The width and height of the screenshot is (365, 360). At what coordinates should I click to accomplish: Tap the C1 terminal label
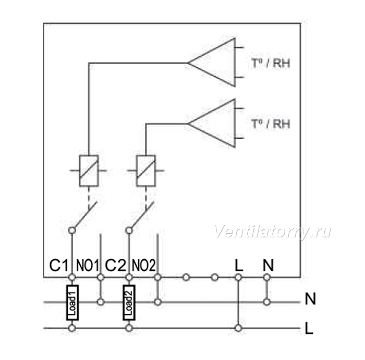tap(59, 265)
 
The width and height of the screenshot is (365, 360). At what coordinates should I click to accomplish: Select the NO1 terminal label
tap(88, 265)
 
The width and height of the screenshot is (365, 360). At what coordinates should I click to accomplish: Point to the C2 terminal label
tap(116, 265)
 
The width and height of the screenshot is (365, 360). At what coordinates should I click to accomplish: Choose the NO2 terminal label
tap(143, 265)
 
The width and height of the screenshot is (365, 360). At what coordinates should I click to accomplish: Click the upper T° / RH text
tap(271, 63)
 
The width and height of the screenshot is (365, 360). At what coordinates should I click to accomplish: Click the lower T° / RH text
tap(271, 124)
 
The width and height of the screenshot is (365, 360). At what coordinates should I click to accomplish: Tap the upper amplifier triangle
tap(235, 63)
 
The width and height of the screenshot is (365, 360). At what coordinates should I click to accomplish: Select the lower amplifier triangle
tap(235, 124)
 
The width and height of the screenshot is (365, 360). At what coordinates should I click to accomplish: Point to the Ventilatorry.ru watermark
tap(272, 232)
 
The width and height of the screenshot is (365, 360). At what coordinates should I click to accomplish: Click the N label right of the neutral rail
tap(310, 299)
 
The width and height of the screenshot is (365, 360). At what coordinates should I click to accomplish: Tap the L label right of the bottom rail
tap(309, 328)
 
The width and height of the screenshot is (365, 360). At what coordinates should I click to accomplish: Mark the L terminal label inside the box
tap(239, 265)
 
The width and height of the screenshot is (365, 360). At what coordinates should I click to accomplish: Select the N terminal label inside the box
tap(268, 265)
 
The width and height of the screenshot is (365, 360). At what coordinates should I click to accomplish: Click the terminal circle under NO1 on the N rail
tap(101, 302)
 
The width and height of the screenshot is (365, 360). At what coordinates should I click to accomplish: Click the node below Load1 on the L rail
tap(72, 328)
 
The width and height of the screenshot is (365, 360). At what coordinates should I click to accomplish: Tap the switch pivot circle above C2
tap(129, 230)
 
